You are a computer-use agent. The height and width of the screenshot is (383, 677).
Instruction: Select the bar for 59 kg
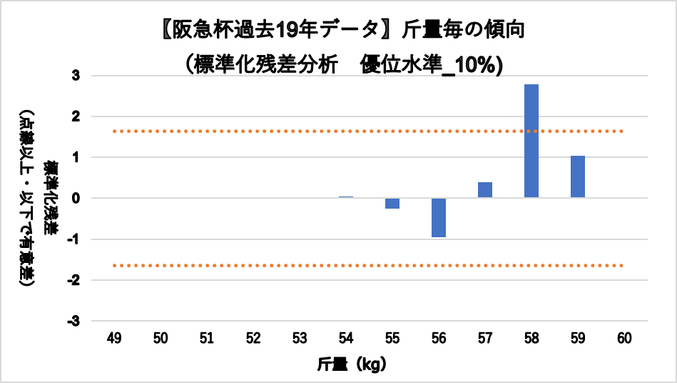[578, 176]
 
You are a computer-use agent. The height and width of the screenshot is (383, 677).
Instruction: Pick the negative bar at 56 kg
[439, 217]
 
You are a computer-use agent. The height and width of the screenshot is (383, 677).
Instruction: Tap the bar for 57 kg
[485, 190]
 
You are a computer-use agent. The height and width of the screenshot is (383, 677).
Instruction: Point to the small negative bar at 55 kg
[392, 203]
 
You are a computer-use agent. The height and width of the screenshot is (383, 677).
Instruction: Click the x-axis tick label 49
[114, 338]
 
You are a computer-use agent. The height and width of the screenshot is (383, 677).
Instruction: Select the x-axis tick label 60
[624, 338]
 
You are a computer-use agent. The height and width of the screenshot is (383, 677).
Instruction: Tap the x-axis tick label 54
[346, 338]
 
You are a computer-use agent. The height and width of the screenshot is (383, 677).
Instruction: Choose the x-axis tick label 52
[253, 338]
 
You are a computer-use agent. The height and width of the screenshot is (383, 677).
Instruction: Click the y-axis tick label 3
[76, 75]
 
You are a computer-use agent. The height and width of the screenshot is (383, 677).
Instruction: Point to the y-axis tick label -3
[74, 322]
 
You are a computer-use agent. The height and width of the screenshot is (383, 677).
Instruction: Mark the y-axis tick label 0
[76, 198]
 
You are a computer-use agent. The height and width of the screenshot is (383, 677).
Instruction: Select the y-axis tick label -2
[74, 280]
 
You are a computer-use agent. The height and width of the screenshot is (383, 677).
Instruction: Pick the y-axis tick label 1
[76, 157]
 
